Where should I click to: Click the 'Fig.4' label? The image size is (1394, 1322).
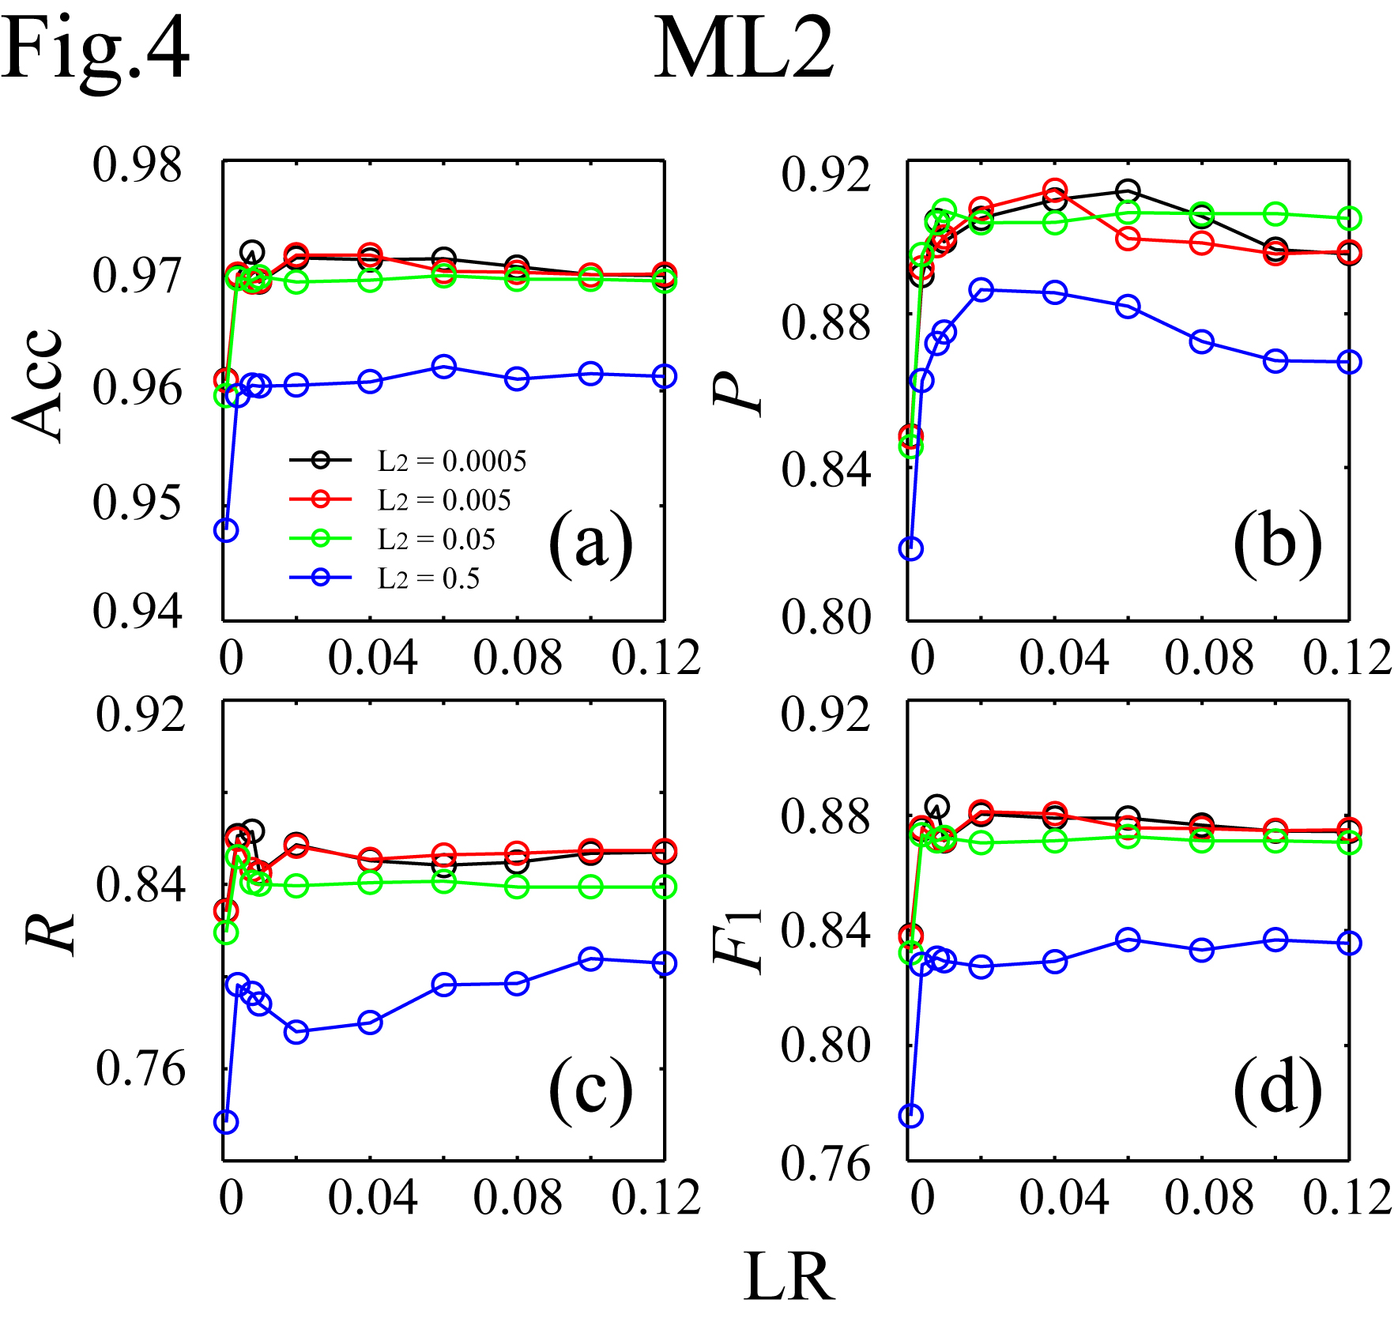coord(95,49)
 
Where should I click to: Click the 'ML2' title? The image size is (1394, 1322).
coord(744,49)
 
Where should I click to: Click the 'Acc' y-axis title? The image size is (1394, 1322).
coord(38,385)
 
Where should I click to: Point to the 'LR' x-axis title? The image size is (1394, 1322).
coord(789,1279)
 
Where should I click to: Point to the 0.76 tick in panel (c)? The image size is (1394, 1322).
coord(141,1068)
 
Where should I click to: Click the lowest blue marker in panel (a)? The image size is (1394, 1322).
coord(226,530)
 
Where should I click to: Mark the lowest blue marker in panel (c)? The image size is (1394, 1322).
coord(226,1121)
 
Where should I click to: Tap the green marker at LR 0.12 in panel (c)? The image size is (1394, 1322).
coord(665,887)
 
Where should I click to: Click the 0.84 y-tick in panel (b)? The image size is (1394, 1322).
coord(827,469)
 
